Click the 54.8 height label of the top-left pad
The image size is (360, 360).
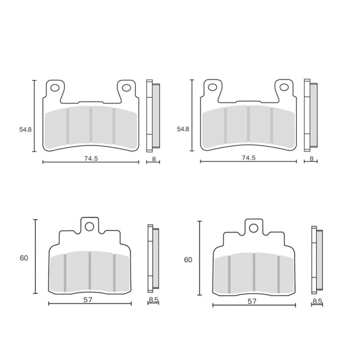pyautogui.click(x=25, y=130)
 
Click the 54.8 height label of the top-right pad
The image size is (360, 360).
pyautogui.click(x=183, y=129)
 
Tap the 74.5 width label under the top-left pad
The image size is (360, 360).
pyautogui.click(x=91, y=159)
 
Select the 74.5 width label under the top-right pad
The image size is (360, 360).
pyautogui.click(x=249, y=158)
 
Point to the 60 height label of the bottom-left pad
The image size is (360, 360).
pyautogui.click(x=24, y=258)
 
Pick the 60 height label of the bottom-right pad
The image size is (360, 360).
pyautogui.click(x=188, y=260)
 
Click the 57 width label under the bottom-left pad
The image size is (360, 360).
pyautogui.click(x=88, y=300)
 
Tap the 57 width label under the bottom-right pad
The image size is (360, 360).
pyautogui.click(x=252, y=301)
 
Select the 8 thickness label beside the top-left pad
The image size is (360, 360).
pyautogui.click(x=154, y=159)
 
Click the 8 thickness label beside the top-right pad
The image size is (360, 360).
pyautogui.click(x=311, y=158)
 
